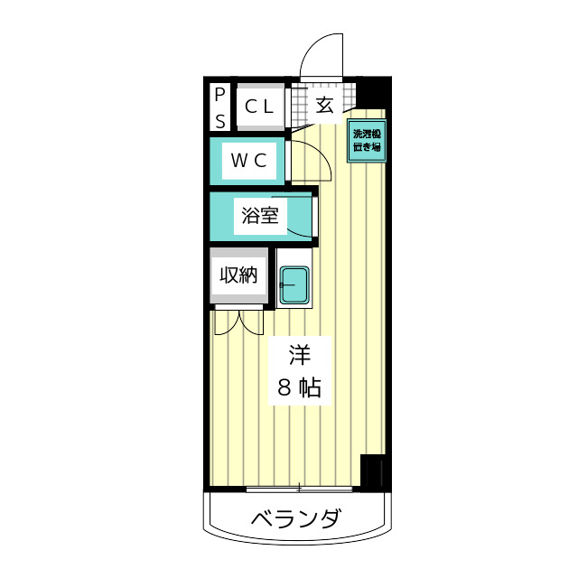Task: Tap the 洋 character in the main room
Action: click(x=298, y=353)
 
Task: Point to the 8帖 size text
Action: click(x=298, y=388)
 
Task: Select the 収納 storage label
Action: click(x=239, y=275)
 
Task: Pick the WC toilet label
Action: click(x=249, y=161)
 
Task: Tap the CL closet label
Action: click(x=259, y=106)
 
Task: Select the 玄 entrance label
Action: click(x=325, y=105)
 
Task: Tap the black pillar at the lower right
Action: click(x=373, y=472)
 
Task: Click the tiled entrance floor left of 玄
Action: click(x=300, y=105)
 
